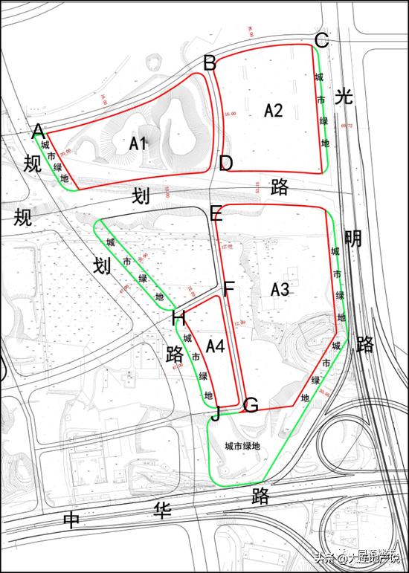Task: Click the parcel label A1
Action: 137,144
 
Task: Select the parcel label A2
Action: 274,111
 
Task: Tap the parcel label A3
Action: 280,289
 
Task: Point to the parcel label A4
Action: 216,346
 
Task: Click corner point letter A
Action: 39,132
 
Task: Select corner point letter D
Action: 226,164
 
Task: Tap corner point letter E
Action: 216,215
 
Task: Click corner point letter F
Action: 229,288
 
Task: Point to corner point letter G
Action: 251,406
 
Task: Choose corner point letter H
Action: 178,319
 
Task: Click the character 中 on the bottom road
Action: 71,519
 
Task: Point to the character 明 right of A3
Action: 353,239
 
